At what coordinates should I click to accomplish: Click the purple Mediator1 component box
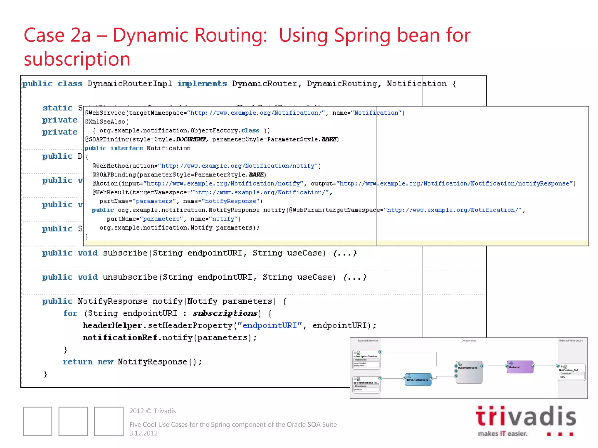click(520, 367)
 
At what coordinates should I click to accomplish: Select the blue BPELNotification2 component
click(418, 379)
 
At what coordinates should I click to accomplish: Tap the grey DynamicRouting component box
click(469, 372)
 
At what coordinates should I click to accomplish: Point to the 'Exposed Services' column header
click(368, 341)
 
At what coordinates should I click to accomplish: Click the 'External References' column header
click(571, 341)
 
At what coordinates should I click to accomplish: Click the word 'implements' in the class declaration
click(202, 84)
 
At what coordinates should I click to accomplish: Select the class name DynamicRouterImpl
click(130, 84)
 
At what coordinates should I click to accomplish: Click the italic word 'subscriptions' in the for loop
click(225, 314)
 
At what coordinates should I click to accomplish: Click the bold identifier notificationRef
click(120, 338)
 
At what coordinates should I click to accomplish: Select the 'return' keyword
click(78, 362)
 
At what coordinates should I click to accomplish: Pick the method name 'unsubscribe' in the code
click(130, 277)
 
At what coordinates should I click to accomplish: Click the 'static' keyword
click(58, 108)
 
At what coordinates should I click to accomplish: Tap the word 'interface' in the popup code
click(126, 148)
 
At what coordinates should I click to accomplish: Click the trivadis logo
click(526, 420)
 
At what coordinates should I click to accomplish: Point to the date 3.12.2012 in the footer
click(143, 433)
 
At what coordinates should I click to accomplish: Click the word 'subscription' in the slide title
click(77, 59)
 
